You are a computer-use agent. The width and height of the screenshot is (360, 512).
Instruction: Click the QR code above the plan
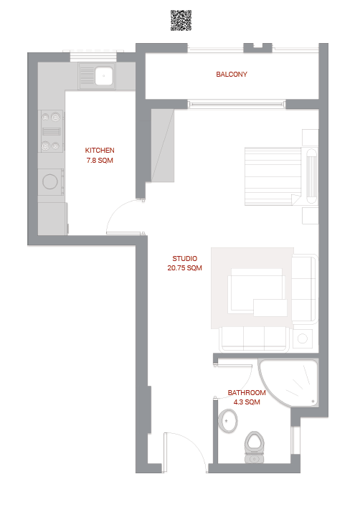[181, 20]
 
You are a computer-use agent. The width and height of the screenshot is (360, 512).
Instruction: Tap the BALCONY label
[232, 75]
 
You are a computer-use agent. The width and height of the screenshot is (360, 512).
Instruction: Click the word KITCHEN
[100, 150]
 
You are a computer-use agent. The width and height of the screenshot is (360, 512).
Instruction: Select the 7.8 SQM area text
[100, 161]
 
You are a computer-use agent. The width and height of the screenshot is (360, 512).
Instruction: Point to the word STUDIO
[184, 259]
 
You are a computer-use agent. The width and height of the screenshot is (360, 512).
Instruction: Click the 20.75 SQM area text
[184, 268]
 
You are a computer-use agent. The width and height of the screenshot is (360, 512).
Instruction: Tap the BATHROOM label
[247, 392]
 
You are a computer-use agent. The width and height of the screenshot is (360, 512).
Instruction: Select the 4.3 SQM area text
[247, 402]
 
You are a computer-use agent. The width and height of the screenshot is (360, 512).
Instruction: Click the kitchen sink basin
[104, 76]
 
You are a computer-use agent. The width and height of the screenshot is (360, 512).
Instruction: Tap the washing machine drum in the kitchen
[50, 181]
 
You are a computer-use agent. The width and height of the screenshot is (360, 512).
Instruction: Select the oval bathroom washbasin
[228, 420]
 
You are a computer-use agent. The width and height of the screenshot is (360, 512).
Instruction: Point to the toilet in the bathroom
[255, 447]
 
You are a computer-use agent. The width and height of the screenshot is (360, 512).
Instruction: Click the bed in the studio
[281, 176]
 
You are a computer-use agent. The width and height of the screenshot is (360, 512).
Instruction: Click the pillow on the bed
[311, 176]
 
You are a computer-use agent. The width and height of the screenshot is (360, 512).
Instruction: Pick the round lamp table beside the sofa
[303, 338]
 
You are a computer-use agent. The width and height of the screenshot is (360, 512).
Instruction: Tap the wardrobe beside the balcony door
[162, 146]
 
